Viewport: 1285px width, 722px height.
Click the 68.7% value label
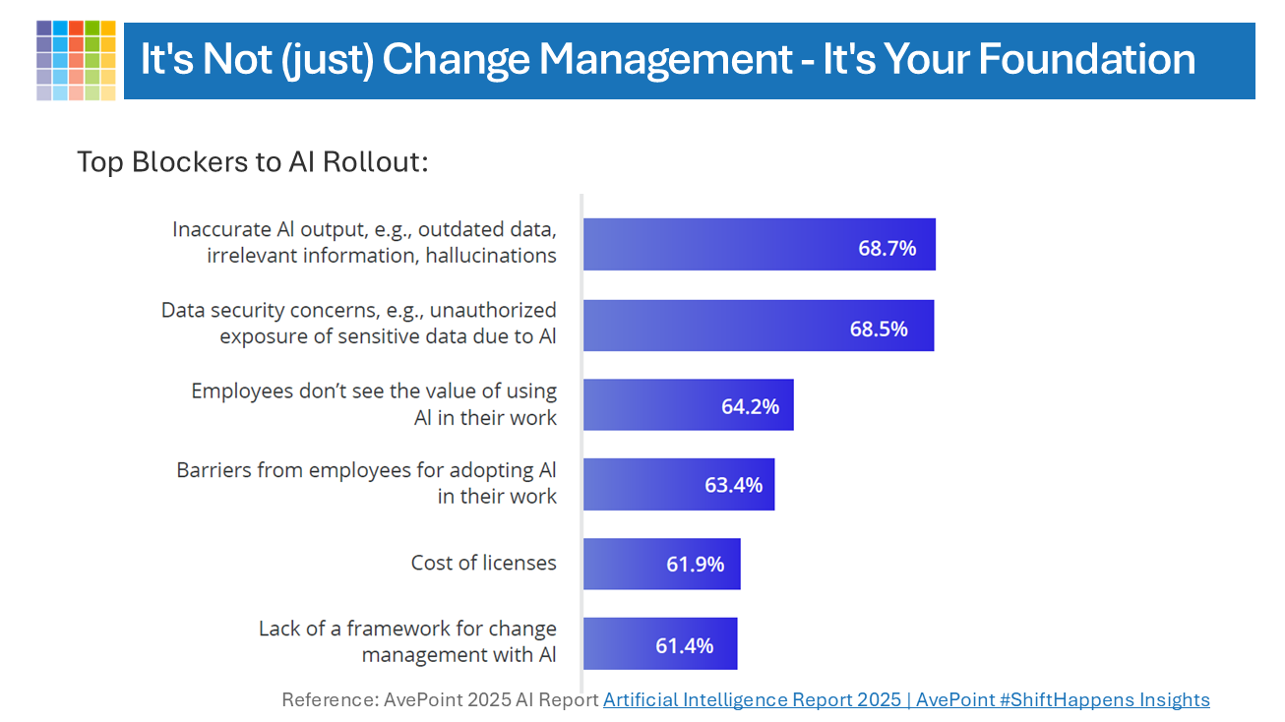[x=887, y=248]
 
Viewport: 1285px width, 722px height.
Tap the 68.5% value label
[x=879, y=329]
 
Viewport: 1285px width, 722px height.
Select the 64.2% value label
[x=750, y=406]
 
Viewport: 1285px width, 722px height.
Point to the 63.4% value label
[x=733, y=485]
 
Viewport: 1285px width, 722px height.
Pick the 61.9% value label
[x=695, y=564]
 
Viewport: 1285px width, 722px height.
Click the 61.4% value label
[x=684, y=645]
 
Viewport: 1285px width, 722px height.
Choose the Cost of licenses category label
[x=483, y=563]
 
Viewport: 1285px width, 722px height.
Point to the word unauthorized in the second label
[x=489, y=310]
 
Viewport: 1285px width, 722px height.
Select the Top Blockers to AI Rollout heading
[x=253, y=161]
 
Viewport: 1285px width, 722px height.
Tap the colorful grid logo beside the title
[x=76, y=60]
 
